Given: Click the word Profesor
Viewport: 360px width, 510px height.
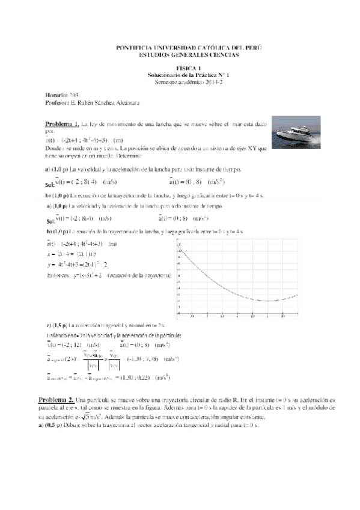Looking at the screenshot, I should (56, 102).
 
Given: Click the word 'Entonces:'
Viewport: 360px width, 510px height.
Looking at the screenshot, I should (58, 275).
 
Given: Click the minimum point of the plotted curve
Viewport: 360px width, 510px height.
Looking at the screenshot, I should (268, 301).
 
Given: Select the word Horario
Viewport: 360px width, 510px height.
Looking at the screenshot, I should (56, 96).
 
